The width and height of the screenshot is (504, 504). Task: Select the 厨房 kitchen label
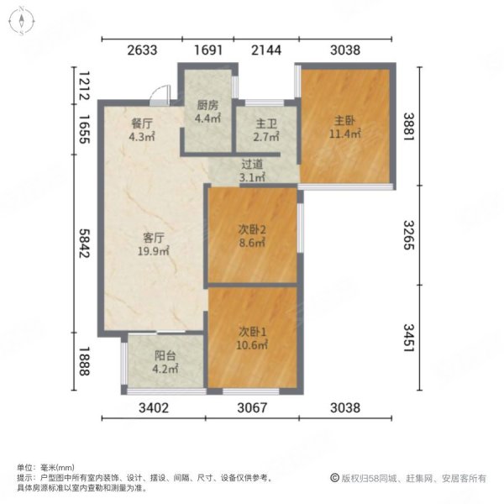[207, 105]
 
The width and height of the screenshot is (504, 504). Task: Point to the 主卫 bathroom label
[255, 122]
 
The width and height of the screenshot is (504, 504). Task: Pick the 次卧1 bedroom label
[252, 331]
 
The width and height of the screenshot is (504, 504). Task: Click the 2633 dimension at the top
[143, 50]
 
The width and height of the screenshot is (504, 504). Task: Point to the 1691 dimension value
[207, 50]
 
